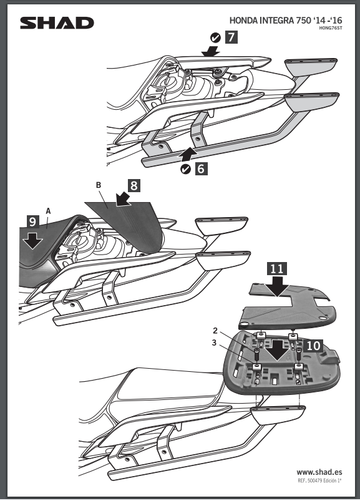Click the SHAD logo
click(x=57, y=23)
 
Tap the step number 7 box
click(x=231, y=37)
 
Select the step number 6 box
click(x=201, y=168)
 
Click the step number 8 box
click(x=134, y=185)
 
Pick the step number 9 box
click(x=33, y=221)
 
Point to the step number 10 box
click(x=313, y=346)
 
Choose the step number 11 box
click(x=277, y=269)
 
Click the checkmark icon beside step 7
click(x=216, y=37)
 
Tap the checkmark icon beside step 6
click(x=185, y=169)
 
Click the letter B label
click(x=99, y=185)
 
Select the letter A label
click(x=48, y=211)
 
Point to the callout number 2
click(x=215, y=331)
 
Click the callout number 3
click(x=214, y=343)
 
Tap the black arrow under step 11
click(x=277, y=286)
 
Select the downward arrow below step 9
click(x=33, y=240)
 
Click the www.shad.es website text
click(x=319, y=472)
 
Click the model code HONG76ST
click(x=331, y=28)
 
